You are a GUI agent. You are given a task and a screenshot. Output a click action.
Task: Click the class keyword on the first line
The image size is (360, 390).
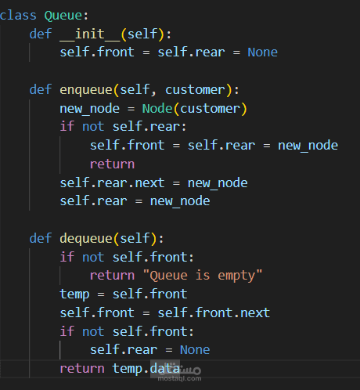[18, 15]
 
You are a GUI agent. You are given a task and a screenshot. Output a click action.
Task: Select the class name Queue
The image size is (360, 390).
[63, 16]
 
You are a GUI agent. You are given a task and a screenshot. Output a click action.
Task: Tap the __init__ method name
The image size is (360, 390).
[90, 34]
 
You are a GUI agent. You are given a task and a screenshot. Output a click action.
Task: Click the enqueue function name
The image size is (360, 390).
[86, 90]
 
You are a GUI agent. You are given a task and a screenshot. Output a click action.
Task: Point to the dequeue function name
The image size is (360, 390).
[86, 239]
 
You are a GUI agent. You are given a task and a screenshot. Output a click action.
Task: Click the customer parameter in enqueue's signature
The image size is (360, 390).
[195, 90]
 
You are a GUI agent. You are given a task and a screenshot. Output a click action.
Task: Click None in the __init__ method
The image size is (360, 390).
[262, 52]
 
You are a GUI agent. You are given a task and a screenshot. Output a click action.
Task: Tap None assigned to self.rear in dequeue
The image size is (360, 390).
[195, 350]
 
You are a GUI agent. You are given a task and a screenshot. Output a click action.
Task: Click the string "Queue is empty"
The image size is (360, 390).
[203, 276]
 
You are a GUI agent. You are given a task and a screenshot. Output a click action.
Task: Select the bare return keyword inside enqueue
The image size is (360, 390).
[112, 164]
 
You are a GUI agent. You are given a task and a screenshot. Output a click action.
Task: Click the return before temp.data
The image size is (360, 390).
[82, 369]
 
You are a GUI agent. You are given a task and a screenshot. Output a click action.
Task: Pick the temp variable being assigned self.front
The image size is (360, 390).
[74, 294]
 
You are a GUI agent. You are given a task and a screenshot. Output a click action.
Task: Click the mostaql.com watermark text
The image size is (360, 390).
[179, 378]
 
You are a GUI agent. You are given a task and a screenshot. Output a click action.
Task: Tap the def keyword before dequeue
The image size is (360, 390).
[41, 238]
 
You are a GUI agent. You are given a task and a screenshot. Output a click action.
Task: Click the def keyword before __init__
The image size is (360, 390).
[41, 34]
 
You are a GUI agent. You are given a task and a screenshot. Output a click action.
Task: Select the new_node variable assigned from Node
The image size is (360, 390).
[90, 109]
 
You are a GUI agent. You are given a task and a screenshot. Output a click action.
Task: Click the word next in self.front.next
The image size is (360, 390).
[255, 312]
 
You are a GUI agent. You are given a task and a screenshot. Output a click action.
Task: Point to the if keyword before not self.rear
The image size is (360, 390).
[67, 126]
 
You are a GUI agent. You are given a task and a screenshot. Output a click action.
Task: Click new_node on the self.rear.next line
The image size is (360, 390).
[218, 183]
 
